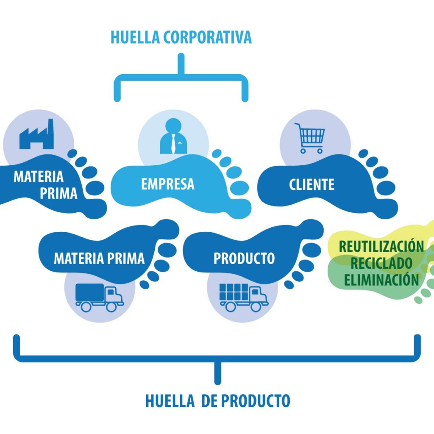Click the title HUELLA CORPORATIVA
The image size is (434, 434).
coord(181,37)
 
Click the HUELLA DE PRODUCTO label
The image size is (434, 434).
coord(217,401)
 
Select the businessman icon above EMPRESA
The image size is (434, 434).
coord(173,136)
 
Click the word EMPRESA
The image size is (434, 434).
coord(167,184)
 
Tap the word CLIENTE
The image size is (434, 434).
coord(312,185)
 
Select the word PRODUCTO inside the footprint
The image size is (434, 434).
coord(244,258)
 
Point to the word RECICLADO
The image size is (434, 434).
coord(381,263)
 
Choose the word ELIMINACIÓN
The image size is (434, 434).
coord(381,280)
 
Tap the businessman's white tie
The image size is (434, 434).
coord(173,144)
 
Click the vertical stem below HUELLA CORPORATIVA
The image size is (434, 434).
coord(181,64)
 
